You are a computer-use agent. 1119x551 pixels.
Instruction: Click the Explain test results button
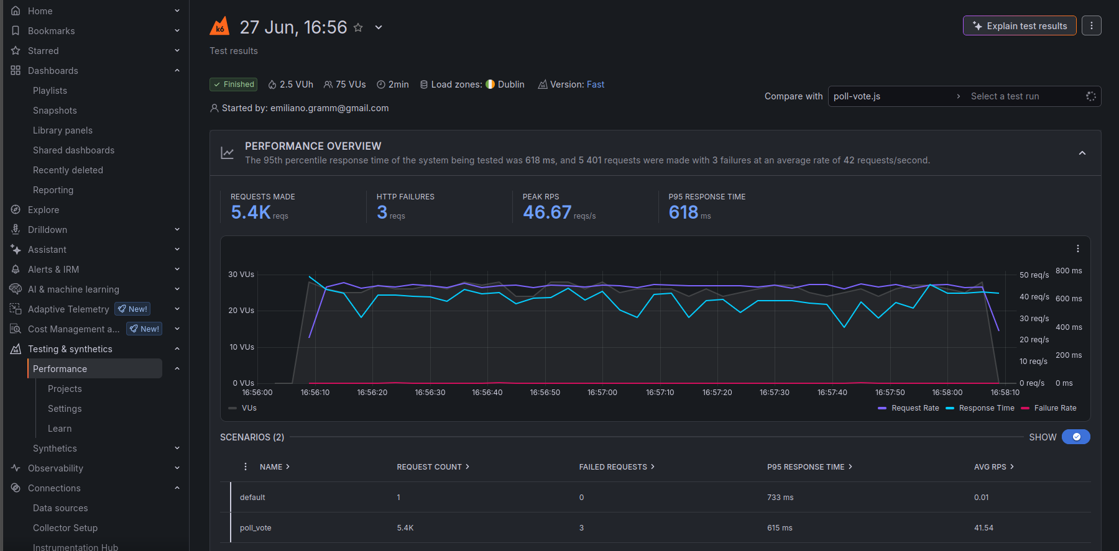(1020, 26)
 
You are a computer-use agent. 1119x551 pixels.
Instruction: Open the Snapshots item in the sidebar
(55, 111)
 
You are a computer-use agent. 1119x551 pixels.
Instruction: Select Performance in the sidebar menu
(60, 369)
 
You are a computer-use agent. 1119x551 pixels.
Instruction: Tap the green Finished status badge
(233, 84)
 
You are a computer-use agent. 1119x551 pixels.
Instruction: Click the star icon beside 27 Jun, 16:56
(358, 27)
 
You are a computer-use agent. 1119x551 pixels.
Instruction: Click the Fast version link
(596, 84)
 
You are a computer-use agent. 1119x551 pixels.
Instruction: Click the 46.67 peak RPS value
(547, 212)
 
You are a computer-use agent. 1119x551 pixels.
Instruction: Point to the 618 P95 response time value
(683, 212)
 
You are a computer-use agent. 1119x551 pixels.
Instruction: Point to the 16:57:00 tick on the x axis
(602, 393)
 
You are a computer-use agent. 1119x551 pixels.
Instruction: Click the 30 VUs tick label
(241, 275)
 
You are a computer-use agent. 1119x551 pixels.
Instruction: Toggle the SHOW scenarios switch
(1076, 437)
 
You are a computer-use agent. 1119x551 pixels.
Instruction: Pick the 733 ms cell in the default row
(780, 498)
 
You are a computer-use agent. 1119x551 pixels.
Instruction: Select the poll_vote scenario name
(256, 528)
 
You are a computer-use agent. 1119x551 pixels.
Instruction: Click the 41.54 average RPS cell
(983, 528)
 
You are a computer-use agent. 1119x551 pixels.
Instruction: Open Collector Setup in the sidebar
(65, 528)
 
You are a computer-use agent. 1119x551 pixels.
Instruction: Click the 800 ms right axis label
(1069, 271)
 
